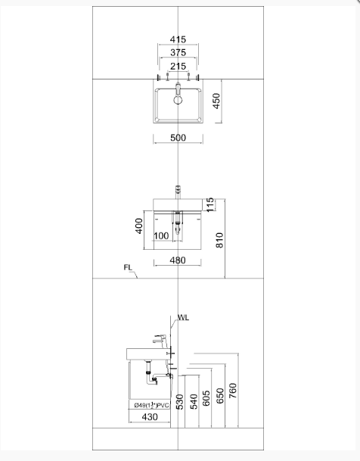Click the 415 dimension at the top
(178, 39)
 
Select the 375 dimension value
(178, 52)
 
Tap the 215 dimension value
(178, 67)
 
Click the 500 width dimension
(178, 138)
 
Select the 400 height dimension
(139, 226)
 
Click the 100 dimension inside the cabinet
(160, 236)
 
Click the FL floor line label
(128, 268)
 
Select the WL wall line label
(183, 318)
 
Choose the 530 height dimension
(180, 401)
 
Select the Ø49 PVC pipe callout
(151, 405)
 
